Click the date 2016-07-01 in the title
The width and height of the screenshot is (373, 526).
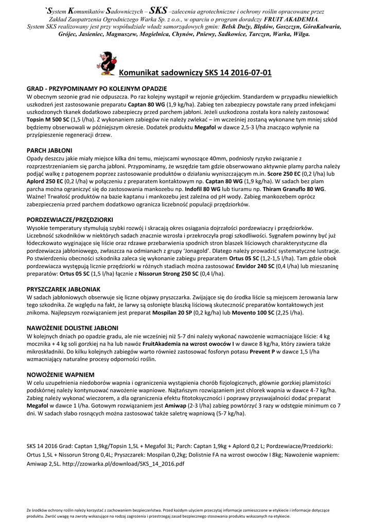point(250,73)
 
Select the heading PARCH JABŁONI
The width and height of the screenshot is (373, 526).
point(49,151)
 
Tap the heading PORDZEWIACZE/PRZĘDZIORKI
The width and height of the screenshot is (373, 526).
point(70,219)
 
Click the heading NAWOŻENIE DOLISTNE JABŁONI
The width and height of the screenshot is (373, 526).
point(73,327)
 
